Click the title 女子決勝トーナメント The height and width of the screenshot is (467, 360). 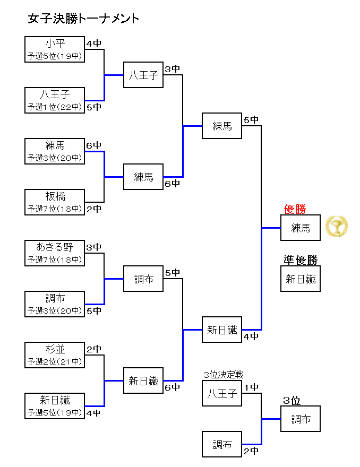tap(83, 19)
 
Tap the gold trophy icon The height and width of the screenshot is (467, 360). tap(336, 227)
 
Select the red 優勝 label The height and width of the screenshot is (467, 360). tap(295, 209)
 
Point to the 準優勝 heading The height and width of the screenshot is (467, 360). tap(300, 260)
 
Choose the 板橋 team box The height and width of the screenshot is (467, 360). tap(55, 202)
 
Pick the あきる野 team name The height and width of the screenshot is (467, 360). tap(55, 247)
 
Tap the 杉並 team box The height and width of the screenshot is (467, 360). tap(55, 355)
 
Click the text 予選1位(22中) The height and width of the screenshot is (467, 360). tap(55, 107)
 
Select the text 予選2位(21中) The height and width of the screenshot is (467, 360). tap(55, 362)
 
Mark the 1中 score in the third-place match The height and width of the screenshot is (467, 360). tap(251, 387)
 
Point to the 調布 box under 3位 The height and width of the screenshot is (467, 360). tap(301, 419)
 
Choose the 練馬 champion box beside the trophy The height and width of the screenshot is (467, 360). tap(301, 228)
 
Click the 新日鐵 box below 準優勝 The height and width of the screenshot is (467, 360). tap(301, 279)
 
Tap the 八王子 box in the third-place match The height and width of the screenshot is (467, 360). tap(222, 393)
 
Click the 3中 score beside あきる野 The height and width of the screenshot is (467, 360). tap(94, 247)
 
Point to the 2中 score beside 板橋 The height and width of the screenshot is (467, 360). tap(94, 209)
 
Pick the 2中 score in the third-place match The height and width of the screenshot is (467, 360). tap(251, 451)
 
